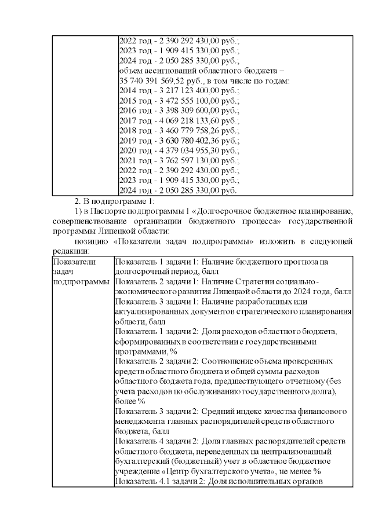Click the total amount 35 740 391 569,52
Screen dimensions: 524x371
pos(151,81)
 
